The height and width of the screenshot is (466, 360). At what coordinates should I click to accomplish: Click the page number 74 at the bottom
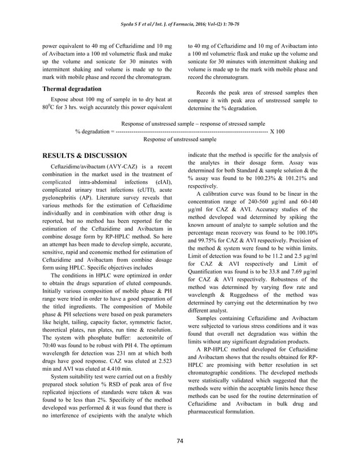pos(179,440)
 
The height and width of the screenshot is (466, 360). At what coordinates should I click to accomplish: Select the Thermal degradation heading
pos(72,89)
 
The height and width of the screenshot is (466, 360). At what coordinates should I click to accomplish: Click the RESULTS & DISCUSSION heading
pos(85,155)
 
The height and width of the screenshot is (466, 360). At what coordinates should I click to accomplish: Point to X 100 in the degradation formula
pos(277,131)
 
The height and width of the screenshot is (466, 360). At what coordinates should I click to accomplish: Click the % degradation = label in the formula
pos(94,131)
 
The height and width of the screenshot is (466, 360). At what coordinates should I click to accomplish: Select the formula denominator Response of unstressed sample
pos(180,139)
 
